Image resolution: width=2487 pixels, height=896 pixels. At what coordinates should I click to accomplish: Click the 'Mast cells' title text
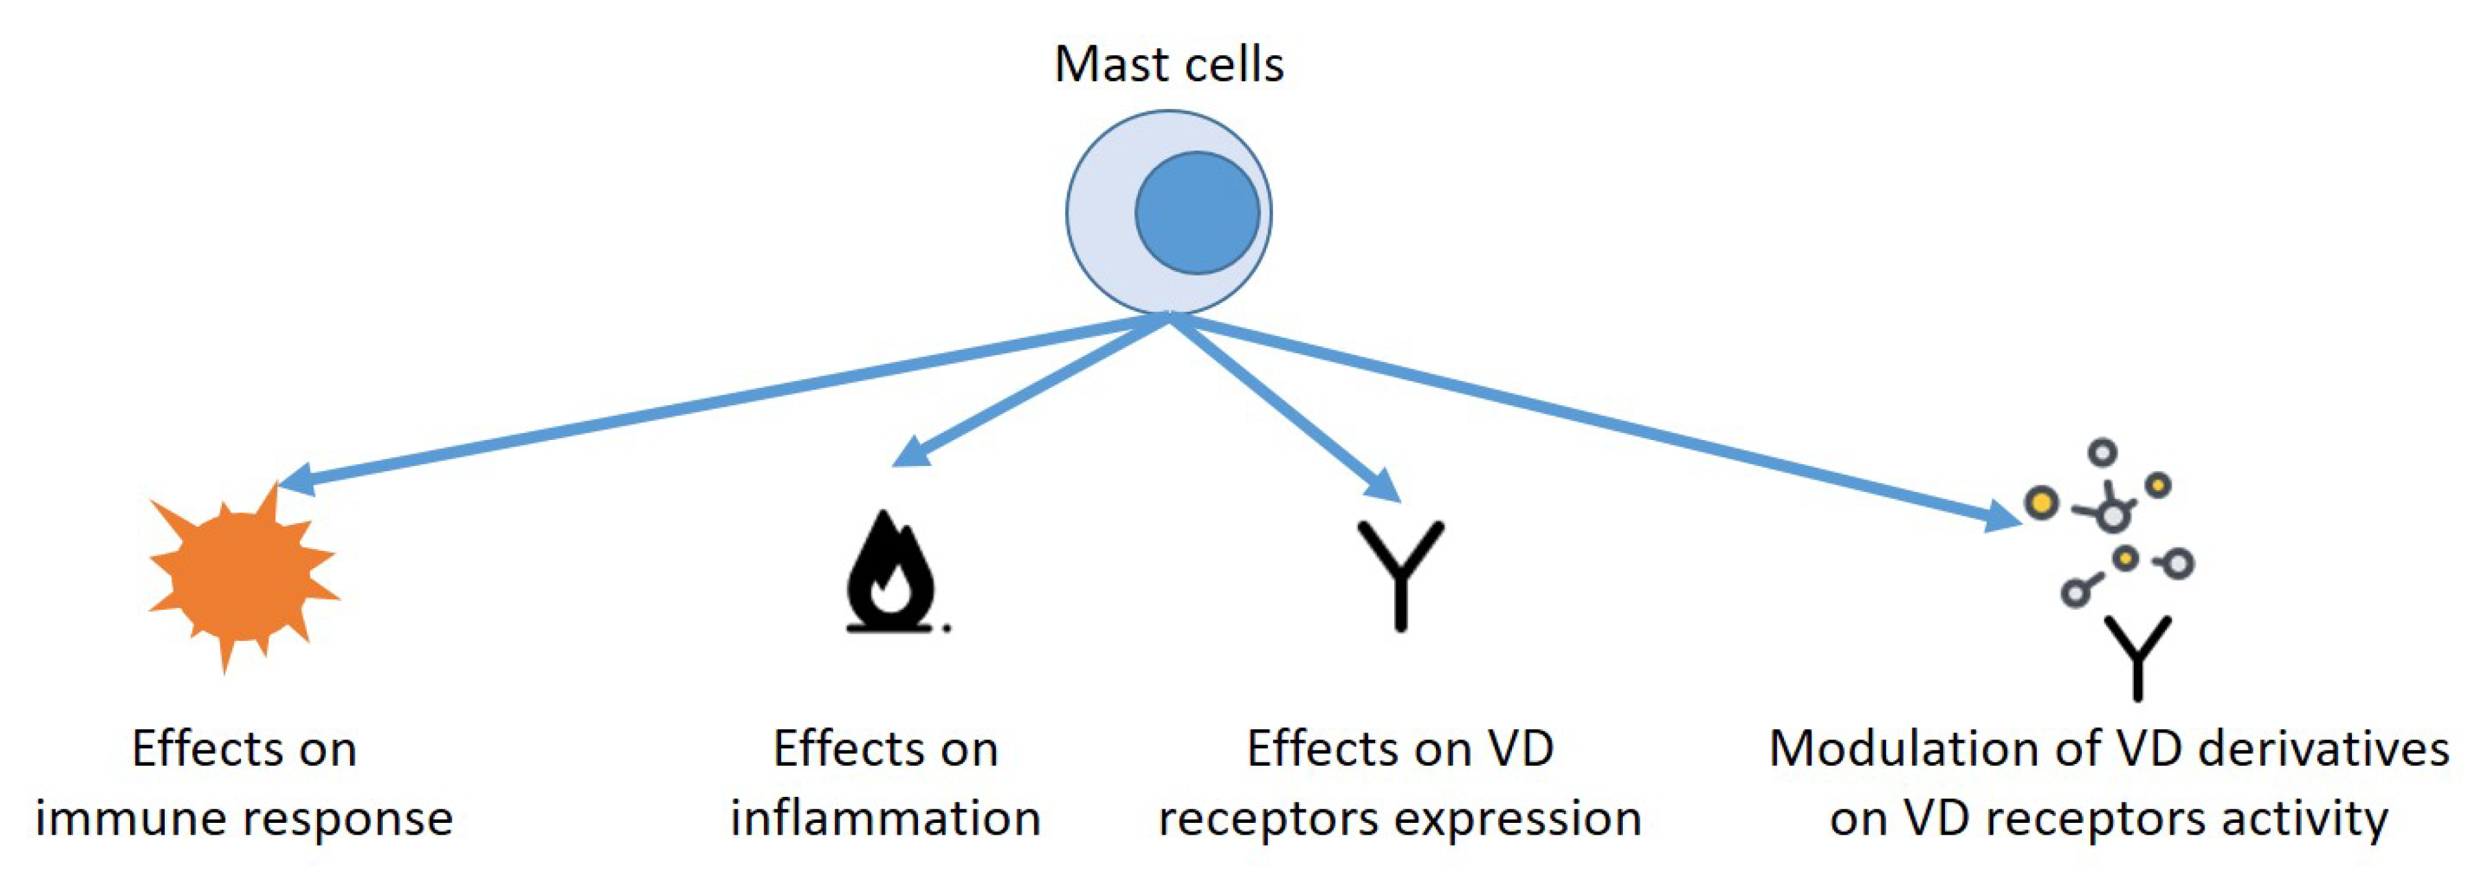click(1168, 64)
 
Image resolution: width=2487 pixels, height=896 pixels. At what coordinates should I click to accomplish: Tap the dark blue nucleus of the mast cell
click(1197, 213)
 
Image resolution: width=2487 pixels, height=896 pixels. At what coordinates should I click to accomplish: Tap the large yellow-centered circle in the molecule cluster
click(2041, 502)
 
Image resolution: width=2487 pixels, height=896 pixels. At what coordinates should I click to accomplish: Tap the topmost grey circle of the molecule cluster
click(2103, 452)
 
